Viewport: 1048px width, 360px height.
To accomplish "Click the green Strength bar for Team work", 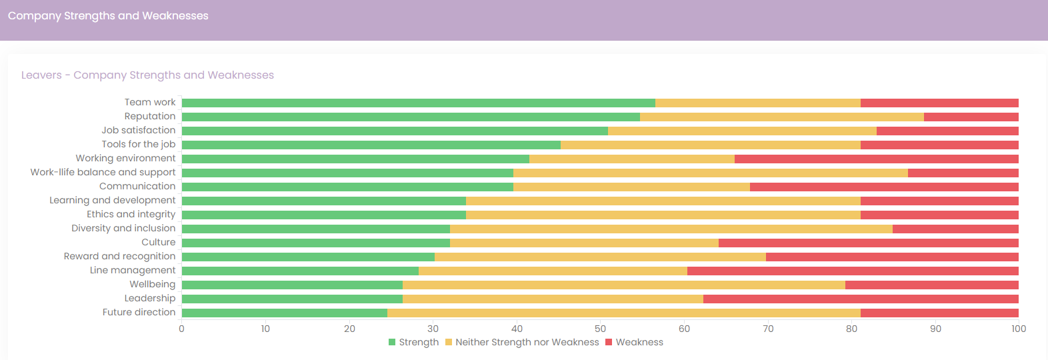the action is click(x=418, y=103).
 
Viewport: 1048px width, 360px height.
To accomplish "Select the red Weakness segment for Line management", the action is click(x=853, y=271).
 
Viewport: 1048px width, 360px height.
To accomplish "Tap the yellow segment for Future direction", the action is click(x=623, y=313).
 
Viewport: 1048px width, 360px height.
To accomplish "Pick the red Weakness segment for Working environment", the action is click(x=876, y=159).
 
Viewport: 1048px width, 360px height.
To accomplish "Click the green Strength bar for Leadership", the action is click(x=293, y=299).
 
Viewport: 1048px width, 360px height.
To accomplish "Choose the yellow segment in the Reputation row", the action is click(x=782, y=117).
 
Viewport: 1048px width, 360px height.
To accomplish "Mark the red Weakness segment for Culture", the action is click(x=869, y=243).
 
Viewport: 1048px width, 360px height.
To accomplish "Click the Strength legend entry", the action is click(x=413, y=342).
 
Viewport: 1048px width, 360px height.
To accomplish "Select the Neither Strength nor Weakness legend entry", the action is click(x=521, y=342).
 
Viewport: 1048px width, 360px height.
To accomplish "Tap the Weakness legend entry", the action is click(x=634, y=342).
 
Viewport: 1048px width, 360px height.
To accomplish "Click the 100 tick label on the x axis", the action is click(x=1019, y=329).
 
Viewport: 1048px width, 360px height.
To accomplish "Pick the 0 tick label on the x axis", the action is click(x=181, y=329).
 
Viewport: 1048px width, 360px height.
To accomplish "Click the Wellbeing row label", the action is click(x=153, y=284).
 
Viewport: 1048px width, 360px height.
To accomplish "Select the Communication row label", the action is click(x=137, y=186).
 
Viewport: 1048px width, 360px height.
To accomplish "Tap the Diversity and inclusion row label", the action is click(x=123, y=229).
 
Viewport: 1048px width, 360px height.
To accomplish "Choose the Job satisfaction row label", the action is click(x=139, y=130).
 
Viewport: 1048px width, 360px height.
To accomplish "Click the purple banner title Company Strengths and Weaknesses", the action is click(x=108, y=16).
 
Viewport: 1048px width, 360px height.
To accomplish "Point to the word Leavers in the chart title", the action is click(x=41, y=75).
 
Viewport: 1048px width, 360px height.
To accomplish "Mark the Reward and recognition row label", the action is click(x=120, y=257).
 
